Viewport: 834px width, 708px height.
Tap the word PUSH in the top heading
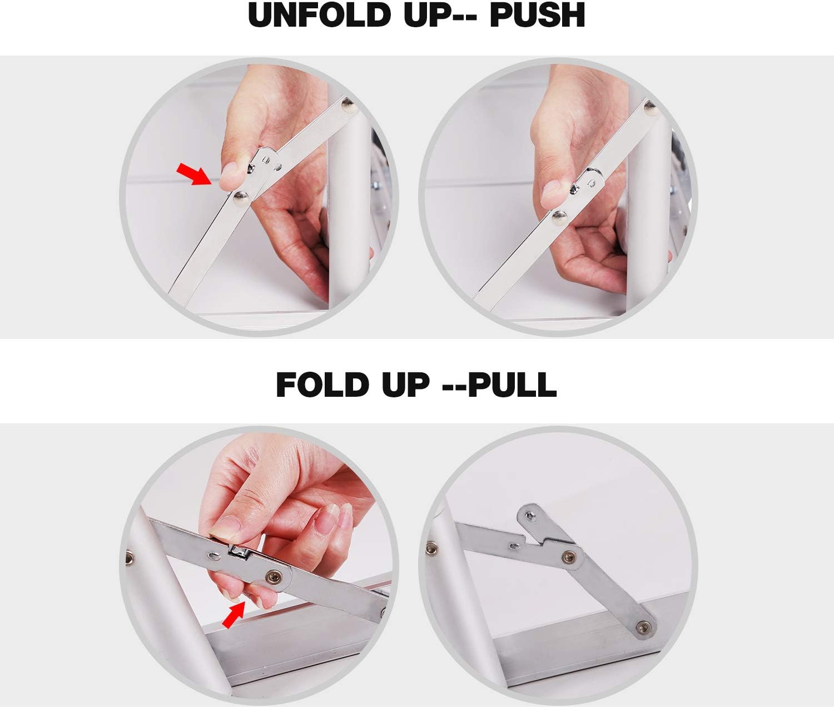point(537,16)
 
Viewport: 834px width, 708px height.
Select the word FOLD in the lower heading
point(322,385)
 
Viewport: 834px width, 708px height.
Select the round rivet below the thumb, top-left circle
point(241,198)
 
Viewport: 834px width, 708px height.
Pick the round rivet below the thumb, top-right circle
point(560,218)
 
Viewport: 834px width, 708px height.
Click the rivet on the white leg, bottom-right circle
point(431,548)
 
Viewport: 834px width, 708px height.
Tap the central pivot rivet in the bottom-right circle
point(569,557)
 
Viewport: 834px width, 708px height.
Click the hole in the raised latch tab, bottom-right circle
point(530,515)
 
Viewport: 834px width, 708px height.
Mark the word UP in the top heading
point(427,16)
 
